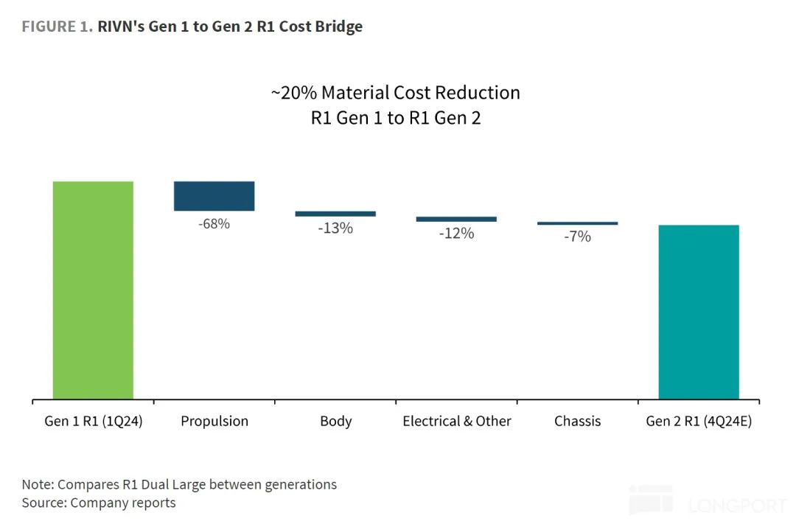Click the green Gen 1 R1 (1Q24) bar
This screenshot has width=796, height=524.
pos(93,290)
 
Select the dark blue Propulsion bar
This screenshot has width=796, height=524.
pos(214,196)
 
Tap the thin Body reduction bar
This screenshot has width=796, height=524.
pos(335,214)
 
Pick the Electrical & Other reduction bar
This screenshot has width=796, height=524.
pos(456,219)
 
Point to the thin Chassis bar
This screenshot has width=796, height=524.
pos(577,223)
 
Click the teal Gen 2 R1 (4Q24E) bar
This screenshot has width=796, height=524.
pos(698,312)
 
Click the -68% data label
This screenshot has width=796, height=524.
pos(214,223)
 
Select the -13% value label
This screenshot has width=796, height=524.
pos(335,228)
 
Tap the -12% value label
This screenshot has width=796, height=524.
pos(456,234)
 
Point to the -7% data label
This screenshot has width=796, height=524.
pos(577,237)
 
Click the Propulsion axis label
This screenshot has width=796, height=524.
pos(214,422)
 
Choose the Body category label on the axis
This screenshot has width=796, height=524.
pos(335,422)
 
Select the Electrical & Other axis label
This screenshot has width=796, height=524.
pos(457,422)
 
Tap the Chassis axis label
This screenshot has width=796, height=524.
pos(577,422)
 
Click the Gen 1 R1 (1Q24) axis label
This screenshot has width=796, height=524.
pos(93,422)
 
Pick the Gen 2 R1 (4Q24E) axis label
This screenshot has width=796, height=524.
pos(699,422)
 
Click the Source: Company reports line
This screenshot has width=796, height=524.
pos(99,503)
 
